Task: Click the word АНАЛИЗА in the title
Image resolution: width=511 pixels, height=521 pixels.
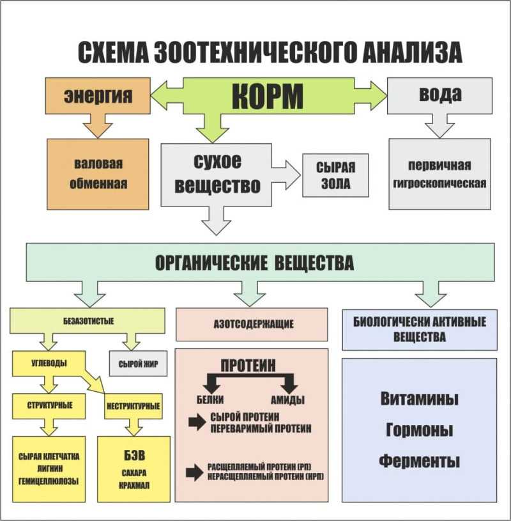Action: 412,52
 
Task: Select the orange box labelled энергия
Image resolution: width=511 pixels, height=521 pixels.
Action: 98,96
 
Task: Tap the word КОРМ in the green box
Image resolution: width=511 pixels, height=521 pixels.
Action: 268,96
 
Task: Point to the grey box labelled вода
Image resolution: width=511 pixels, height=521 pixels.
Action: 440,96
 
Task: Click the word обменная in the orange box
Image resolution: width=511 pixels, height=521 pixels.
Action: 98,183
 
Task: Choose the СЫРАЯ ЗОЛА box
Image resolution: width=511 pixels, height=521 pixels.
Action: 335,175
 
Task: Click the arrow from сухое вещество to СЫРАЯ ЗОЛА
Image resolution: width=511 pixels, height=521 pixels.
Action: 286,175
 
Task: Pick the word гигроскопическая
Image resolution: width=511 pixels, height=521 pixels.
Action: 439,183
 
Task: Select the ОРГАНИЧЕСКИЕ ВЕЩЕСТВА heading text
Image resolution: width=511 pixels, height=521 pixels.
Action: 254,263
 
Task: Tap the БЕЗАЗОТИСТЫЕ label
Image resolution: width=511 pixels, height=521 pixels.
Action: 89,321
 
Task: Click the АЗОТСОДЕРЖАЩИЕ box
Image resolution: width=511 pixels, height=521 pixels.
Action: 252,324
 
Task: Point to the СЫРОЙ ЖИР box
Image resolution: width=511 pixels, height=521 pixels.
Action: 138,364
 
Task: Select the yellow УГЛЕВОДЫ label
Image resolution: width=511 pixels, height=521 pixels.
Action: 49,363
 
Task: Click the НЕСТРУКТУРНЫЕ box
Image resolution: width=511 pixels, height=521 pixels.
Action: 133,406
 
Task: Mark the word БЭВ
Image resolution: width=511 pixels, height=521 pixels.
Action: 135,455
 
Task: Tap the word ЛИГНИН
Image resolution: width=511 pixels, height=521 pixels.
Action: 49,469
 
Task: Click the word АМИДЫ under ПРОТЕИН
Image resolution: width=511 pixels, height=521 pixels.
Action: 287,400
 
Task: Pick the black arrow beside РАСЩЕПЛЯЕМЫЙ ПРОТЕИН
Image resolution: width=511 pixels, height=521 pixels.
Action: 195,472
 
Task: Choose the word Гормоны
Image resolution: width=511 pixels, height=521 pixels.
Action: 420,430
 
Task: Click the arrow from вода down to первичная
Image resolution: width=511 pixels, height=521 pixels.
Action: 439,126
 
